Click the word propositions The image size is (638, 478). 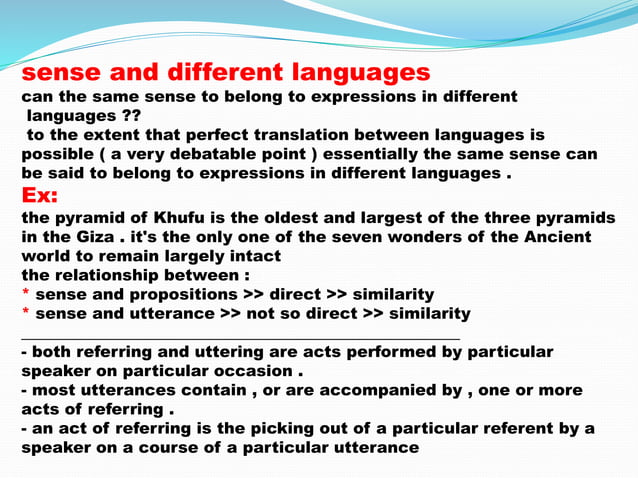pos(181,294)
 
